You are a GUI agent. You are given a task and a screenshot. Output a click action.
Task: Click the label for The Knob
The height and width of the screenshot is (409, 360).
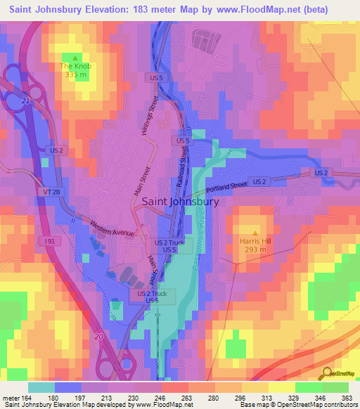coord(75,67)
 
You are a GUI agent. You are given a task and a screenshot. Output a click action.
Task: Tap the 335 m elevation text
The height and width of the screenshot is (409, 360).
coord(75,74)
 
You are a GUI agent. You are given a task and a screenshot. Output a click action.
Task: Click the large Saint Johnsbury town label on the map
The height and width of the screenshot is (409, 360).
coord(181,201)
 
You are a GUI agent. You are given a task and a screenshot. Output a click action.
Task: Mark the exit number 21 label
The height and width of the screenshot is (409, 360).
coord(25,103)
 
